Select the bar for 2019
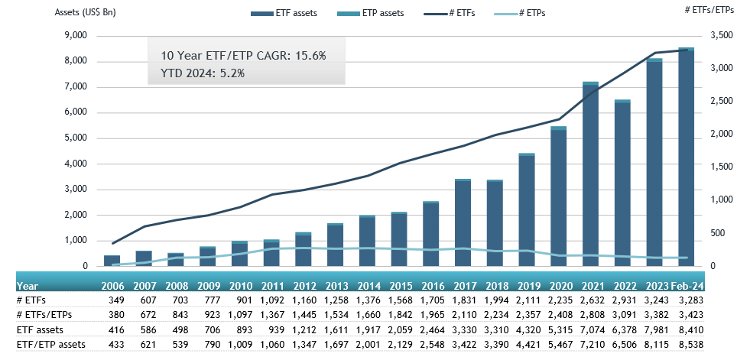[527, 210]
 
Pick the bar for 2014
[368, 241]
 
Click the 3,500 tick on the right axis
[722, 36]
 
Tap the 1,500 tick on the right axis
[722, 167]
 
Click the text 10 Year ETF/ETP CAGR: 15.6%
[243, 56]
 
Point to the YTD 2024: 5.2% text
[202, 73]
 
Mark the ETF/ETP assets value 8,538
[687, 345]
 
